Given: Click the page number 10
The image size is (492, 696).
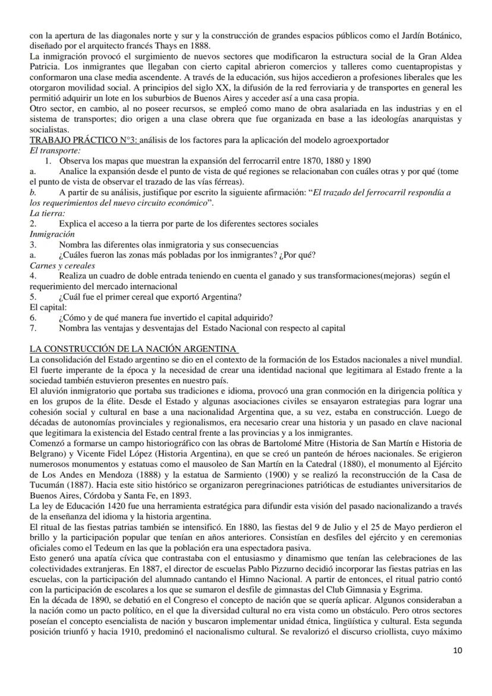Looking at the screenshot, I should [x=456, y=667].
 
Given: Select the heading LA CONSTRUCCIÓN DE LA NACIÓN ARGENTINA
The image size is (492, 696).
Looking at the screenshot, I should [x=134, y=348].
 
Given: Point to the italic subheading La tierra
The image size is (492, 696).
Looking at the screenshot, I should [x=48, y=213].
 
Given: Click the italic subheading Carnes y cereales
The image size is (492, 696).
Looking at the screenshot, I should [x=62, y=265].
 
